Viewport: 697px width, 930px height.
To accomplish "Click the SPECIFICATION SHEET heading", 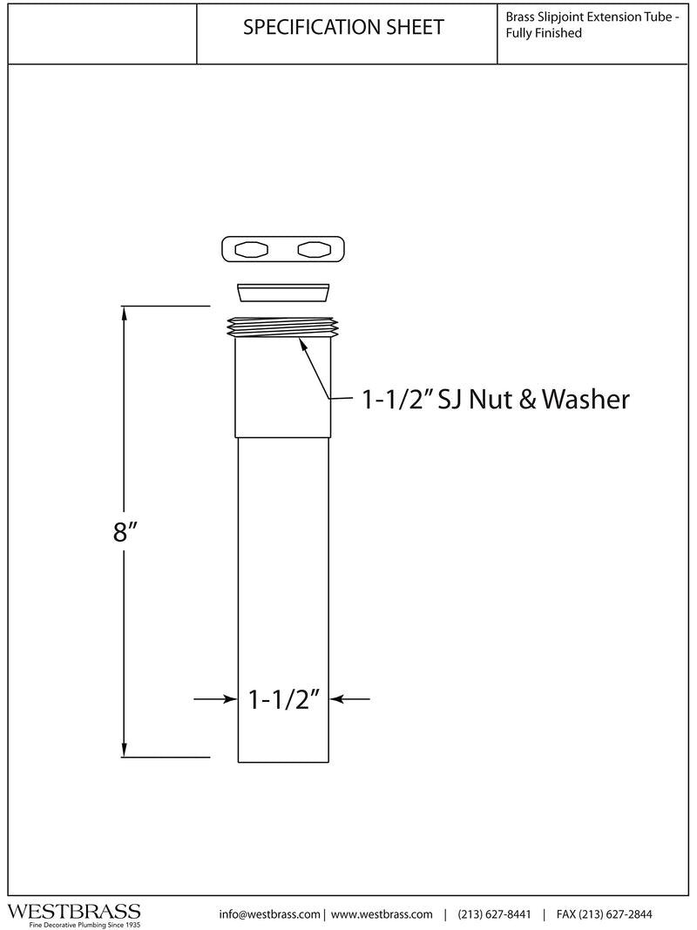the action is click(343, 27).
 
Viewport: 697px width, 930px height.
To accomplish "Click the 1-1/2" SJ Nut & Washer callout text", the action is click(496, 399).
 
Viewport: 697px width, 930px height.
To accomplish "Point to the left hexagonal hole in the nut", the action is click(252, 250).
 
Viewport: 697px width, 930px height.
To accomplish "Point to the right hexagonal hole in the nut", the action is click(315, 250).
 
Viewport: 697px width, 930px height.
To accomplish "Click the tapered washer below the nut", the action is click(283, 293).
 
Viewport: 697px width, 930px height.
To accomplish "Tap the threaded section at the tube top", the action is click(283, 327).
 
